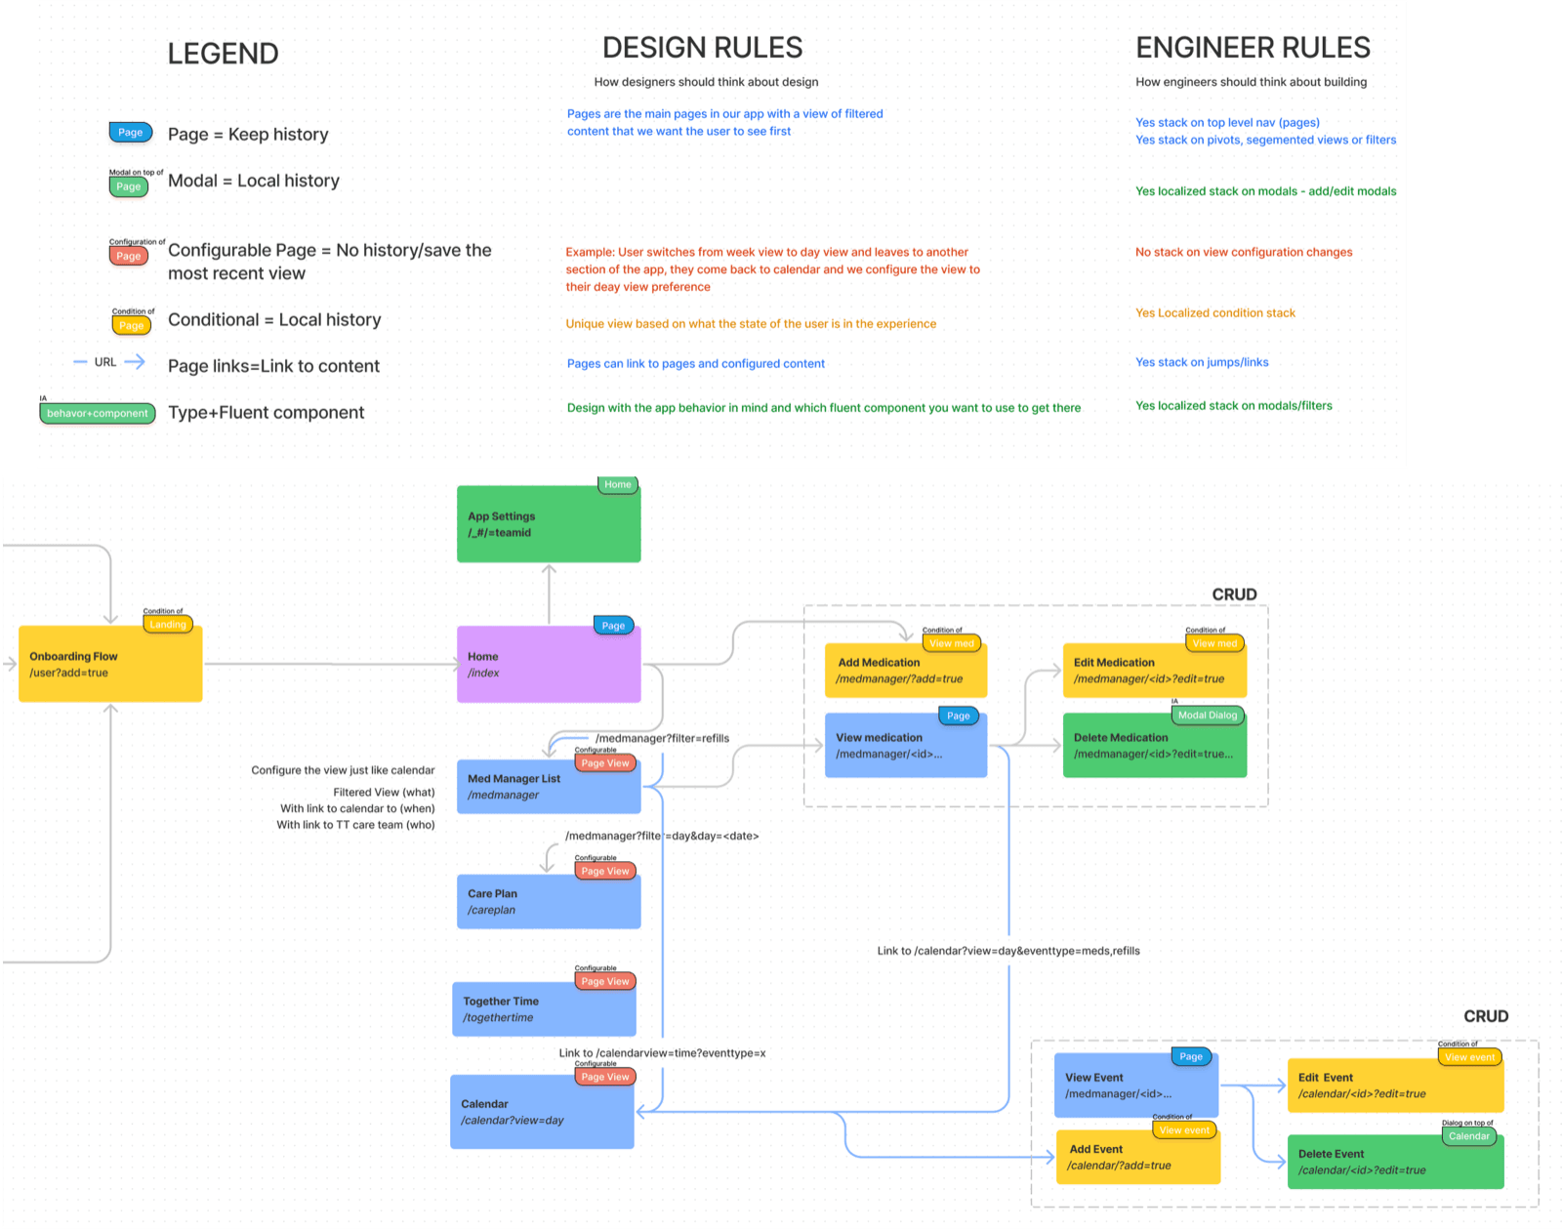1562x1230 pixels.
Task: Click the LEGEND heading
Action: point(223,54)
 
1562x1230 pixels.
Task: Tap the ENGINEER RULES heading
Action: point(1253,48)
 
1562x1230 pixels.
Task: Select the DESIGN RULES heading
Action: point(702,48)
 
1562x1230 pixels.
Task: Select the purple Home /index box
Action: point(549,665)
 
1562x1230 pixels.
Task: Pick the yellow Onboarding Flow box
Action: point(110,665)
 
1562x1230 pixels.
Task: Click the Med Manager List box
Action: point(549,787)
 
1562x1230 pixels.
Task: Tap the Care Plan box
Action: point(549,902)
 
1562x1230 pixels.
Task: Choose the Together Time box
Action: point(544,1009)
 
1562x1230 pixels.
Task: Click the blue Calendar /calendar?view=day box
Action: point(542,1113)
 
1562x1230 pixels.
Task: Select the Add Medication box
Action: point(905,671)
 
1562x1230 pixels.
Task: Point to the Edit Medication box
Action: point(1154,671)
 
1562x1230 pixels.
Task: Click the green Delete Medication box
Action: point(1154,747)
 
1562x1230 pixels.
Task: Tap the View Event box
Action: point(1135,1086)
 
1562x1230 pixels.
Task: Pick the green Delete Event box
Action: point(1395,1162)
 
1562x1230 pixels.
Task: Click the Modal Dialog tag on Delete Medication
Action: point(1208,716)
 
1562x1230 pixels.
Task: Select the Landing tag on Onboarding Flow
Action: point(168,625)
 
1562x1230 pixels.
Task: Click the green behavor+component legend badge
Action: point(97,414)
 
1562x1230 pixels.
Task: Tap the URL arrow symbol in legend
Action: point(135,362)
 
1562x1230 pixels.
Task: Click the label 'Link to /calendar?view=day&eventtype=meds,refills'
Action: point(1007,951)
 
